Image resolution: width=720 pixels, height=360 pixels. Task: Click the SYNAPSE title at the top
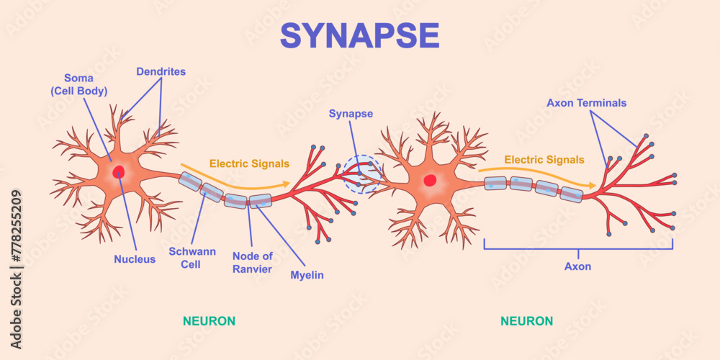tap(359, 35)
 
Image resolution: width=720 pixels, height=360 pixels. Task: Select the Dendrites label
tap(161, 71)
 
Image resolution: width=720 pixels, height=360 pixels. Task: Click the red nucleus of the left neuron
tap(117, 172)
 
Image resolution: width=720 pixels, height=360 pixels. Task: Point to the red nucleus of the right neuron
tap(430, 180)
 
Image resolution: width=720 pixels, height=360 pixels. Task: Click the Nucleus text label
tap(134, 259)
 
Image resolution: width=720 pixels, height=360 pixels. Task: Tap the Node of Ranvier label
tap(252, 263)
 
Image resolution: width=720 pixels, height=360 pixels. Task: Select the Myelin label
tap(307, 275)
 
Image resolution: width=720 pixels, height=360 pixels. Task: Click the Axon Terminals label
tap(586, 103)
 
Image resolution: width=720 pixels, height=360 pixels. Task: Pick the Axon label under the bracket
tap(577, 266)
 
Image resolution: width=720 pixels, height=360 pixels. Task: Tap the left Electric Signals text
tap(249, 163)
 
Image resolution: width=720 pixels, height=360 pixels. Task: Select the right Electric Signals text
tap(544, 160)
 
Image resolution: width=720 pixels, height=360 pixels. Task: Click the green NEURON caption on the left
tap(209, 320)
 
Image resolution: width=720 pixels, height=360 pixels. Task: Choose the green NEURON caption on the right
tap(527, 320)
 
